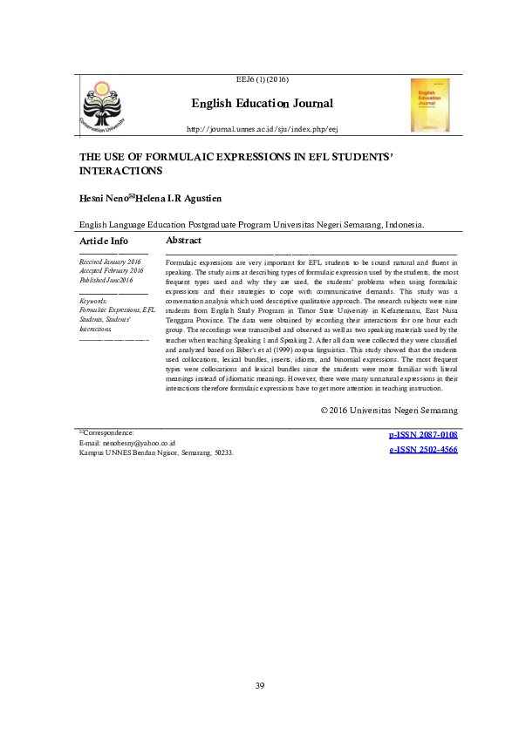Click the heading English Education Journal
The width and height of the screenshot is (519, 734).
[x=262, y=104]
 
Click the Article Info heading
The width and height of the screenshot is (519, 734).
[x=103, y=241]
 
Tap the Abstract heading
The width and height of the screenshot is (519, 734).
[x=183, y=240]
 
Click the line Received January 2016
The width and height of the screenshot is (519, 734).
[x=110, y=262]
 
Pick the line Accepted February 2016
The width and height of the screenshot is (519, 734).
[x=111, y=270]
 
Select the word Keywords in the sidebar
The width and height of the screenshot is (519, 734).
[x=93, y=300]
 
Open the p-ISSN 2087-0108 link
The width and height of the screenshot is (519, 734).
[x=423, y=434]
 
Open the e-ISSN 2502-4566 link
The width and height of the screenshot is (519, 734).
[x=423, y=450]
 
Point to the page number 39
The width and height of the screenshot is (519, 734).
[x=260, y=687]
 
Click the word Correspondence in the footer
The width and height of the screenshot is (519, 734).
[x=109, y=432]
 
